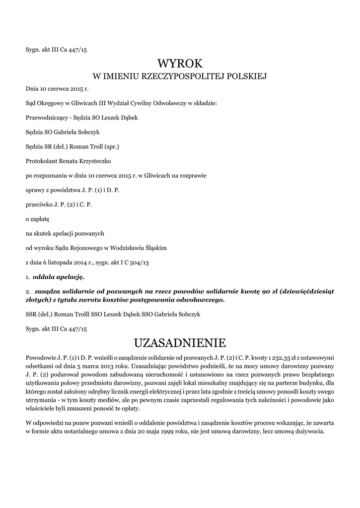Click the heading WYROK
pyautogui.click(x=180, y=63)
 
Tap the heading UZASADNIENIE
pyautogui.click(x=180, y=343)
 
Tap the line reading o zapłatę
pyautogui.click(x=37, y=218)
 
